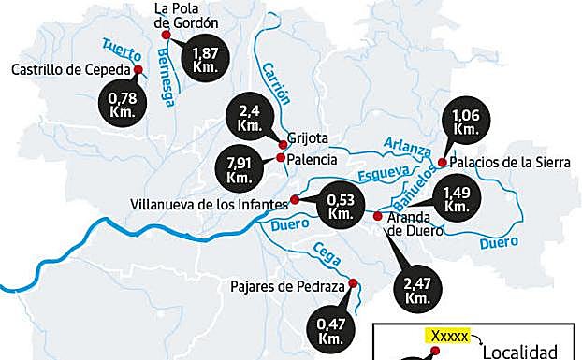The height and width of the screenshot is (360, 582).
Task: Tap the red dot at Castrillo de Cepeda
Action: [138, 69]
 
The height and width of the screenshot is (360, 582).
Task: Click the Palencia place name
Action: [312, 159]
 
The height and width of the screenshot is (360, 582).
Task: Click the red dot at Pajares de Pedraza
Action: [353, 283]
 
